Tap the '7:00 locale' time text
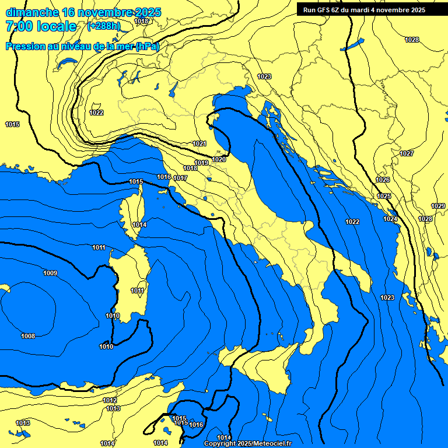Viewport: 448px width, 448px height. coord(41,26)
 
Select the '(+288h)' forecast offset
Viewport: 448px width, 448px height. coord(104,26)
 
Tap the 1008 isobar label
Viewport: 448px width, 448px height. coord(28,336)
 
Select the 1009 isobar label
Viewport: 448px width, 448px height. coord(50,273)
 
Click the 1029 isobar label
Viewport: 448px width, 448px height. coord(437,206)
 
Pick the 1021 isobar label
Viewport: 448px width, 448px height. coord(199,143)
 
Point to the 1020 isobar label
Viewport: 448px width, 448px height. coord(219,159)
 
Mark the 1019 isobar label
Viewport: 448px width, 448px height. coord(201,163)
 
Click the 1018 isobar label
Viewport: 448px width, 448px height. coord(190,168)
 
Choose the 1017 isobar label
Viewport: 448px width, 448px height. coord(180,178)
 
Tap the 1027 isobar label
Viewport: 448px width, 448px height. coord(407,153)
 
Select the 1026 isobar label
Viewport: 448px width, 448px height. coord(383,180)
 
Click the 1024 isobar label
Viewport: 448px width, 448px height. coord(390,219)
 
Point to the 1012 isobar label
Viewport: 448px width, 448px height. coord(110,400)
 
